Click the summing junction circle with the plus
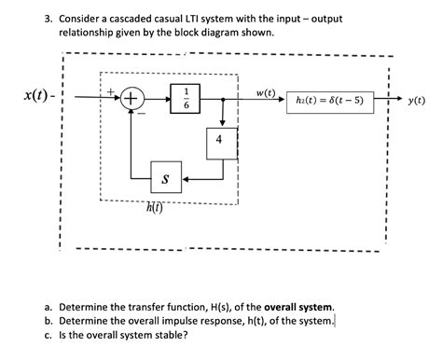point(131,99)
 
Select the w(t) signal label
point(266,90)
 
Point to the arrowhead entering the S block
point(186,176)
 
